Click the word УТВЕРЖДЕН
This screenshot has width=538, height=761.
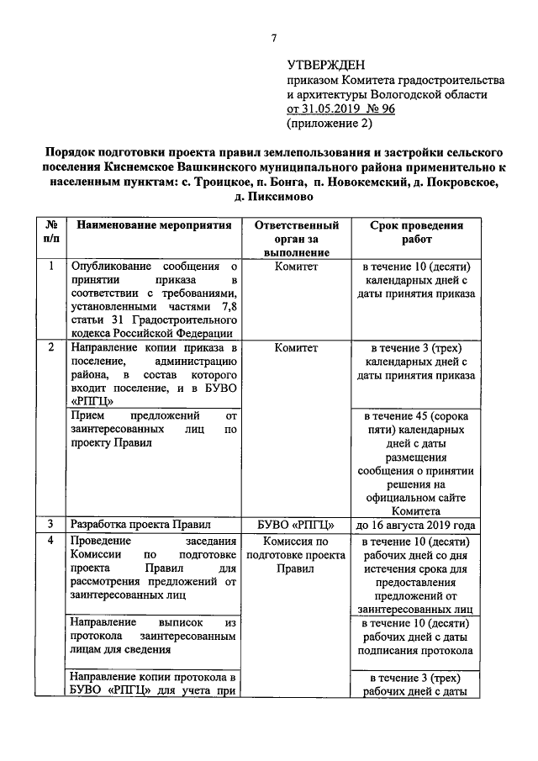click(326, 64)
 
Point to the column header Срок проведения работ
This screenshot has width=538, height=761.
click(416, 233)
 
